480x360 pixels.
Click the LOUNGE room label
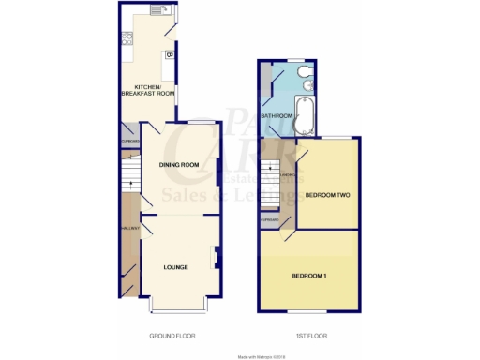point(175,267)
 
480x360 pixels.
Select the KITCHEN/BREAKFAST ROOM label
point(148,92)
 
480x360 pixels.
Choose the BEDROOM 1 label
point(309,276)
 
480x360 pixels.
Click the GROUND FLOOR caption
point(172,335)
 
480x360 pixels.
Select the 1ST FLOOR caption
point(310,335)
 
